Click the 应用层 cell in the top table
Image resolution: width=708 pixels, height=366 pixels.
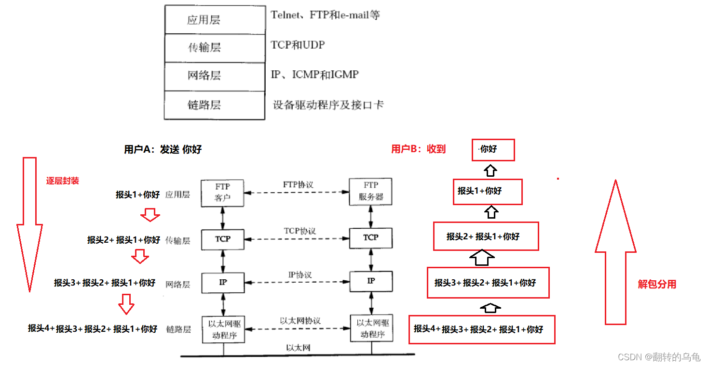[x=215, y=20]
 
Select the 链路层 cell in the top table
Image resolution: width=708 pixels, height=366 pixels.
[x=215, y=105]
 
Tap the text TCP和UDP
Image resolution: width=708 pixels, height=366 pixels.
[x=298, y=45]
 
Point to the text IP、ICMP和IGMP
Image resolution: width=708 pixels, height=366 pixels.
[x=314, y=74]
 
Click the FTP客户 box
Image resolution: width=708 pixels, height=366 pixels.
[x=222, y=192]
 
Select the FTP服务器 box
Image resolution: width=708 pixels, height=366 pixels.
[x=370, y=192]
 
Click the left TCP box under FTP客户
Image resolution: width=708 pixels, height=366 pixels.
[x=222, y=239]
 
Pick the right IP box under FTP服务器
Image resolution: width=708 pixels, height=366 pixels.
[x=371, y=281]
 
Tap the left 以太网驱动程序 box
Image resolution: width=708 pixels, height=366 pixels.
[x=223, y=329]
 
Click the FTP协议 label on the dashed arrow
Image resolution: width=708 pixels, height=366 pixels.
[x=298, y=184]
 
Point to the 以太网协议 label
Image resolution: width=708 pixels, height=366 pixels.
[x=300, y=320]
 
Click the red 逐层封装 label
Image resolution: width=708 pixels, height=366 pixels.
[x=62, y=181]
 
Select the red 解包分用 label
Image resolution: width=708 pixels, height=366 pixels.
[x=657, y=284]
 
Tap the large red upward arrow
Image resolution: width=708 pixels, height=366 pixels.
[x=615, y=250]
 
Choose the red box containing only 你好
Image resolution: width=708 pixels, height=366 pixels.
[x=493, y=150]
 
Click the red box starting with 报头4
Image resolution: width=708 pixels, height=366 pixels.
[x=481, y=329]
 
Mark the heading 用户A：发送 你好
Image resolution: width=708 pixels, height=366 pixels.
[x=163, y=149]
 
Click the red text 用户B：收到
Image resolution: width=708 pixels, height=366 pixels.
[x=418, y=149]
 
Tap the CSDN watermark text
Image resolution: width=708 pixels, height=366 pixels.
[x=658, y=357]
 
